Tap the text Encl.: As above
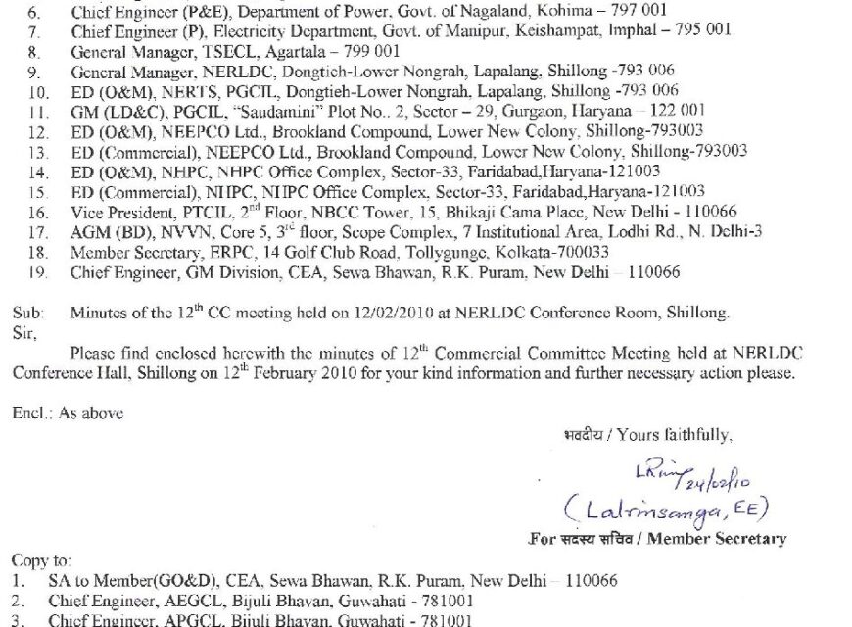pyautogui.click(x=68, y=413)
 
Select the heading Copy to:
pyautogui.click(x=42, y=560)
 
